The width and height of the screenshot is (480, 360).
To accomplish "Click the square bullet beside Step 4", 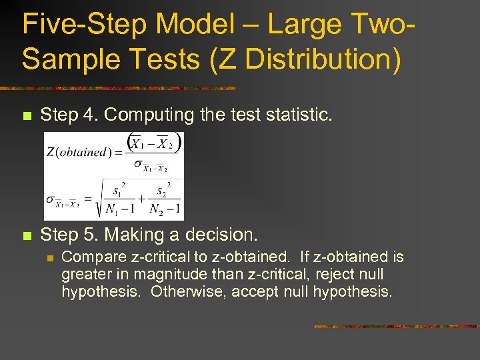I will [x=27, y=116].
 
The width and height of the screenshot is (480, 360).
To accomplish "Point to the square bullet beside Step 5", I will [x=27, y=236].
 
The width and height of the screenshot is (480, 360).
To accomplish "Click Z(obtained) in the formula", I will [x=75, y=152].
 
